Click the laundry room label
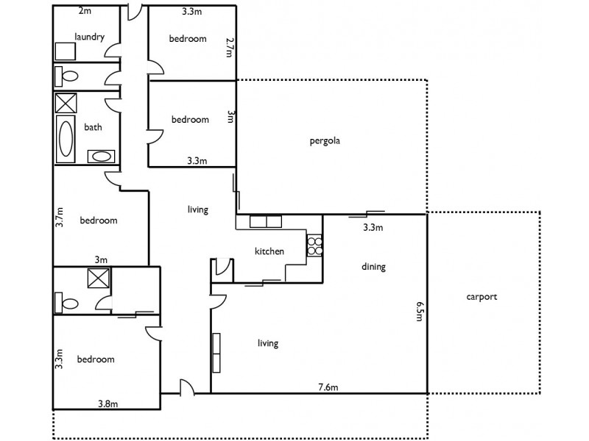[x=89, y=37]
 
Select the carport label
[x=482, y=297]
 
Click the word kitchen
[x=269, y=251]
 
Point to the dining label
[x=373, y=267]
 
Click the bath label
[x=93, y=127]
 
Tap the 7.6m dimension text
[x=328, y=387]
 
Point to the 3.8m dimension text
[x=109, y=403]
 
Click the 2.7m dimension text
[x=230, y=49]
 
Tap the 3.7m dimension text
[x=60, y=219]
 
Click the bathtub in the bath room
[x=66, y=140]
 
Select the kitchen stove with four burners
[x=314, y=245]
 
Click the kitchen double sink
[x=265, y=220]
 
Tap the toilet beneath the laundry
[x=68, y=76]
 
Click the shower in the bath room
[x=66, y=102]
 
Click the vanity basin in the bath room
[x=99, y=156]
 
